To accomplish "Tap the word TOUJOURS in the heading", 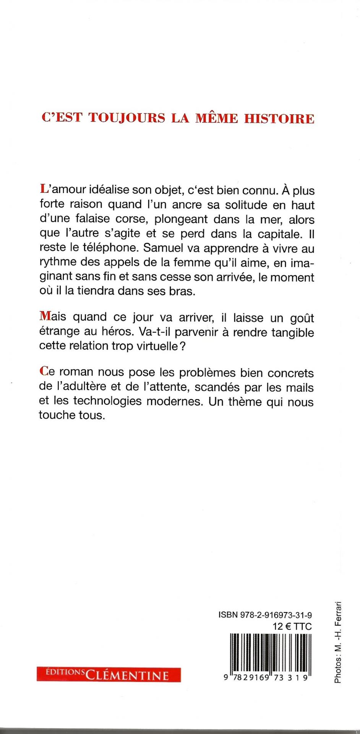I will tap(127, 118).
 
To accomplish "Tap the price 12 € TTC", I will tap(292, 627).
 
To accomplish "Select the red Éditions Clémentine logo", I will tap(109, 674).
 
